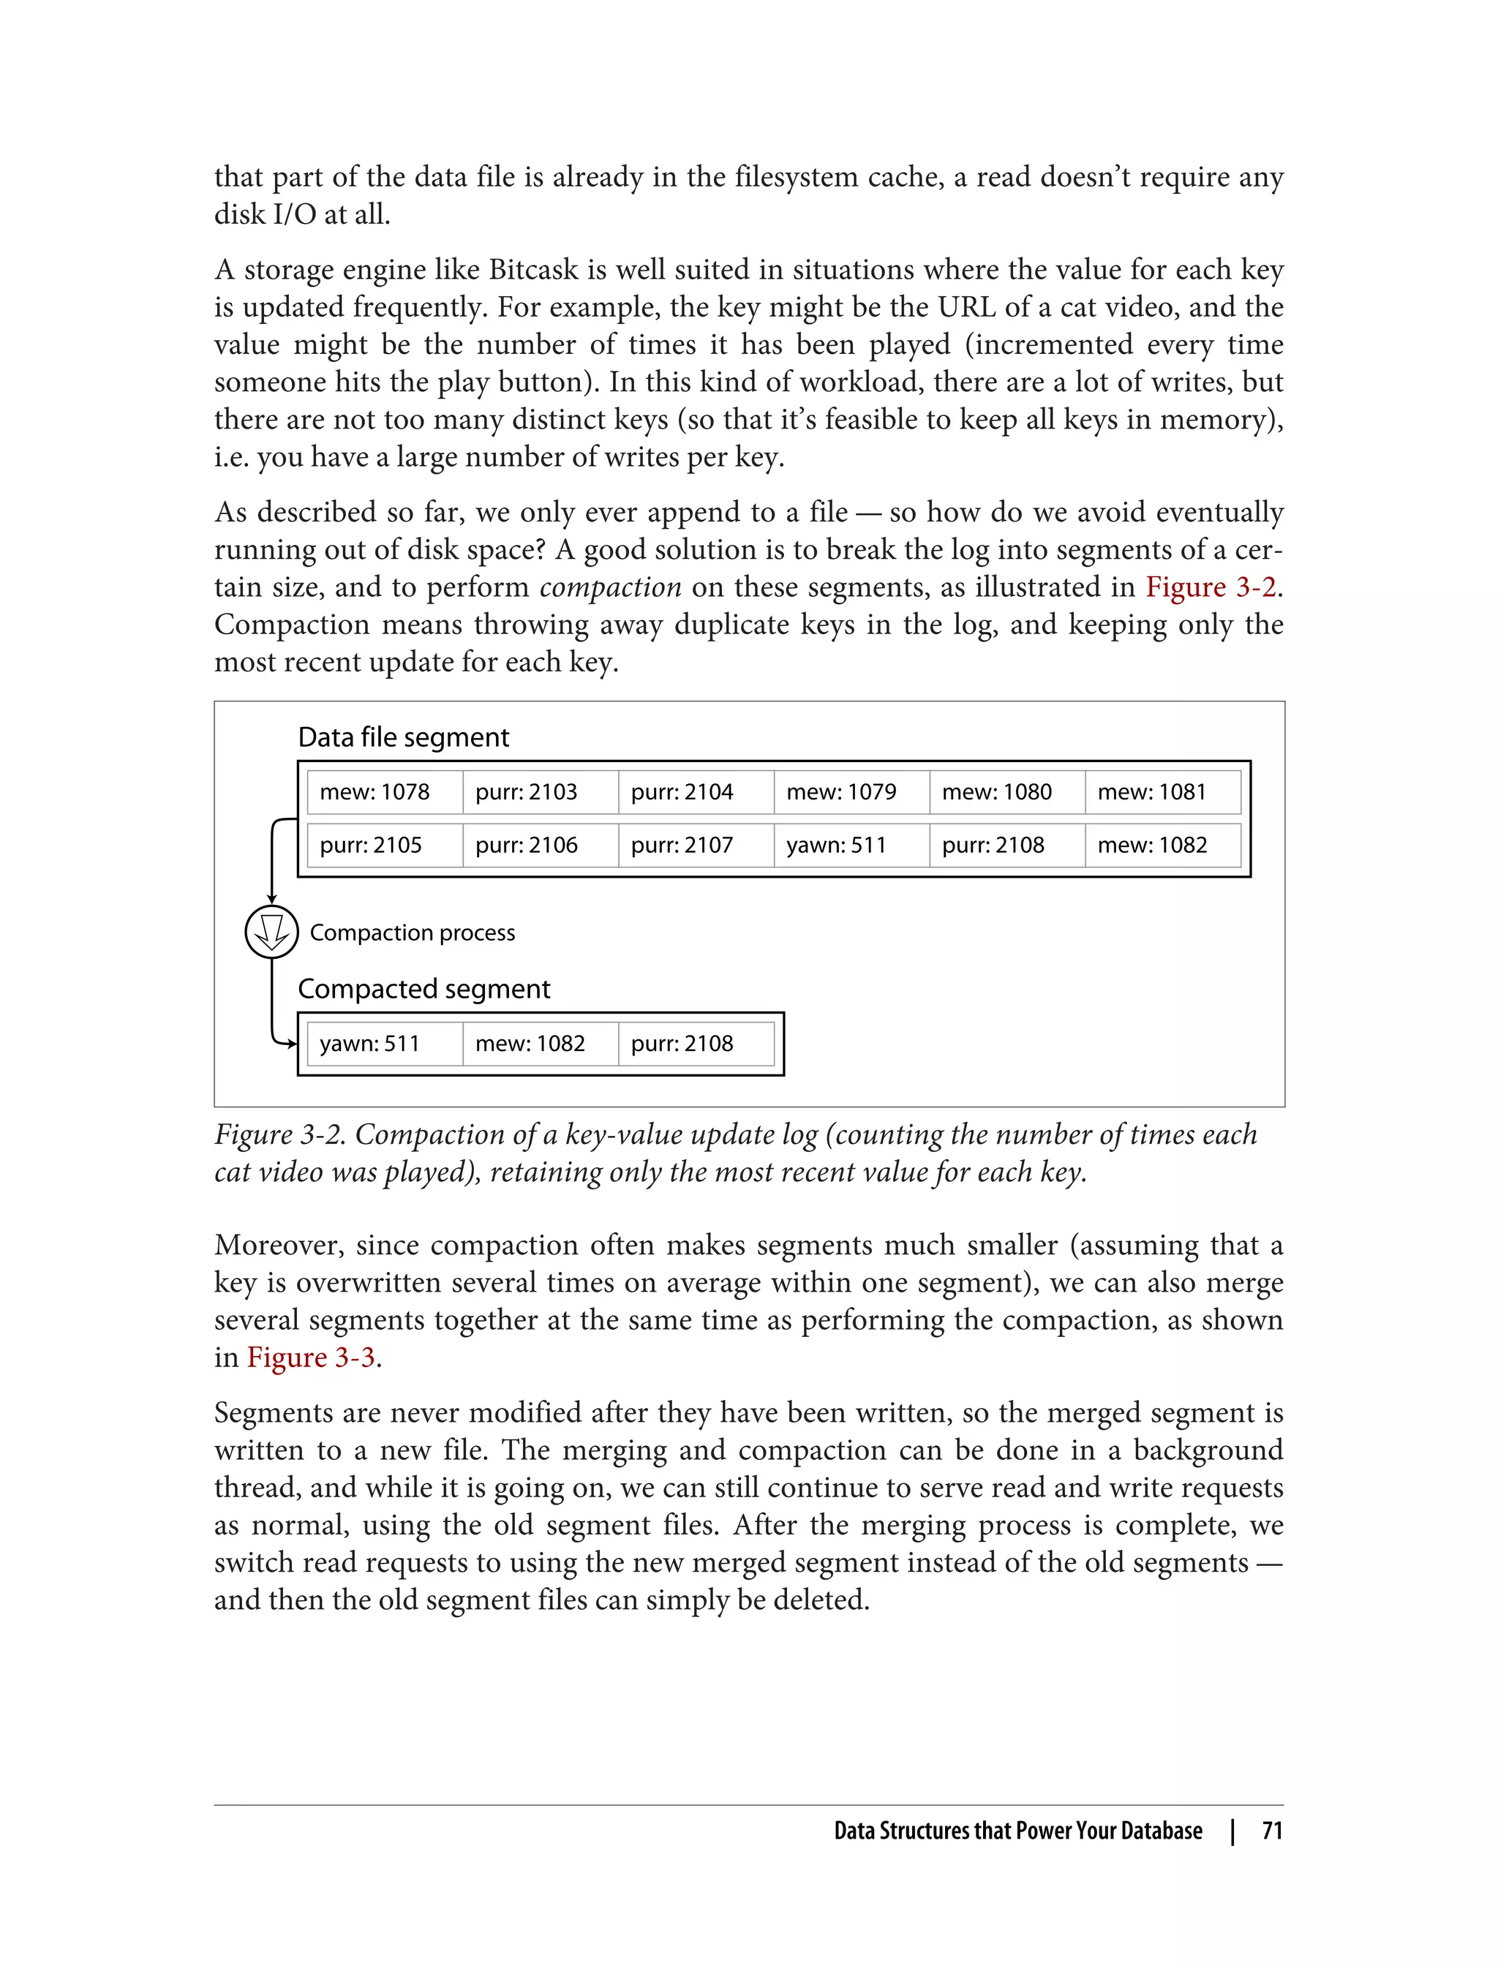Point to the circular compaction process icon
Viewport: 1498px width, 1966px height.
(x=271, y=932)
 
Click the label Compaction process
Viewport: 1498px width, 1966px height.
(x=412, y=933)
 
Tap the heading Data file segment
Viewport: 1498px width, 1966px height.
(x=403, y=737)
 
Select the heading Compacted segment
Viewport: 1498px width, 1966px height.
(x=424, y=989)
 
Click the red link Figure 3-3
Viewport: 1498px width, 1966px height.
(x=310, y=1357)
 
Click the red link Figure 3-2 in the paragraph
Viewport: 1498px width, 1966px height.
(x=1211, y=587)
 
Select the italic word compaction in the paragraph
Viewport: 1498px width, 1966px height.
(x=611, y=587)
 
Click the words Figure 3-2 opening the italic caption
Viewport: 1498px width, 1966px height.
(x=281, y=1134)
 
